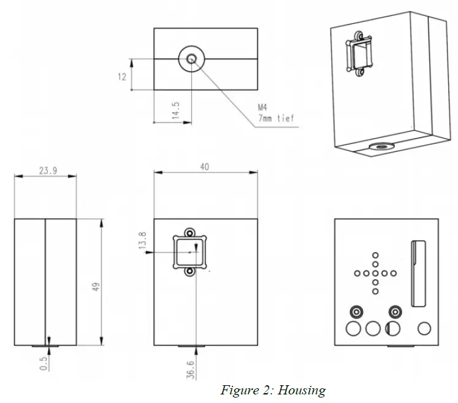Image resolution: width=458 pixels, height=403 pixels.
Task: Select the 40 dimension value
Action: (204, 167)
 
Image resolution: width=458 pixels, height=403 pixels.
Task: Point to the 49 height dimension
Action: (96, 287)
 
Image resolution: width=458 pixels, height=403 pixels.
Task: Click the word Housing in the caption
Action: (303, 390)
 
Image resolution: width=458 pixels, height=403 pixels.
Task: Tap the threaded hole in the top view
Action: (191, 59)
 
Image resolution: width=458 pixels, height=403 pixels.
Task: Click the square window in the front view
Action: (191, 252)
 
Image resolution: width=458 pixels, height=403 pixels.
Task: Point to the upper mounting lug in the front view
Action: (191, 233)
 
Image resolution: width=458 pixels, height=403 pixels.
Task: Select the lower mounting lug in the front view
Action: (191, 271)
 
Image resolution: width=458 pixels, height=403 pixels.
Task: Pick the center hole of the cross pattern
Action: (375, 273)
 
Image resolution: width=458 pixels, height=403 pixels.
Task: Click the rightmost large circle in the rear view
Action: (424, 328)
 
